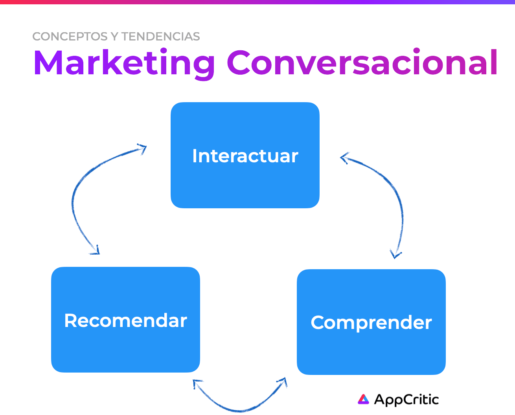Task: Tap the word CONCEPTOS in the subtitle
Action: pyautogui.click(x=70, y=37)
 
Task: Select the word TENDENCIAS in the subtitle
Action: pyautogui.click(x=160, y=37)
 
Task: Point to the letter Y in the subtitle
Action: pyautogui.click(x=115, y=37)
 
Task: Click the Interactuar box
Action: pyautogui.click(x=245, y=155)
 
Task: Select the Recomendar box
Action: pyautogui.click(x=125, y=320)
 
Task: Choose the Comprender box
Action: pyautogui.click(x=371, y=322)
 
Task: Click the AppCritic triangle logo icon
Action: pyautogui.click(x=363, y=399)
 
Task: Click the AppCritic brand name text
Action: pyautogui.click(x=406, y=400)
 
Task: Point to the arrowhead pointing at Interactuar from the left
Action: pyautogui.click(x=143, y=148)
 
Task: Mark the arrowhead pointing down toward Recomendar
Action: pyautogui.click(x=96, y=251)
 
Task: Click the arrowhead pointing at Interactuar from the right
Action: pyautogui.click(x=344, y=158)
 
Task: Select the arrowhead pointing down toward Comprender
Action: pyautogui.click(x=395, y=255)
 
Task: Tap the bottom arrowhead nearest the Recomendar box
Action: pyautogui.click(x=197, y=383)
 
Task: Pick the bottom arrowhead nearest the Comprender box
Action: pyautogui.click(x=283, y=382)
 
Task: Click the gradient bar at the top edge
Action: pyautogui.click(x=257, y=2)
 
